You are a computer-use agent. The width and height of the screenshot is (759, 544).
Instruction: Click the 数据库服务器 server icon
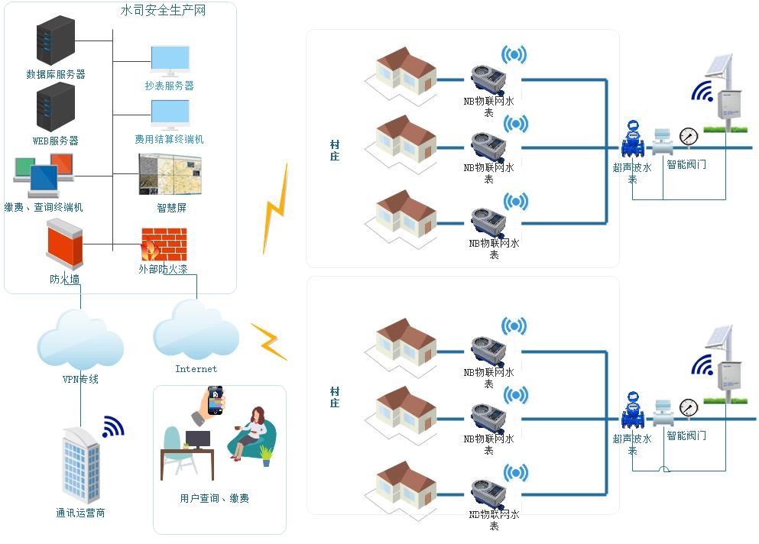tap(56, 42)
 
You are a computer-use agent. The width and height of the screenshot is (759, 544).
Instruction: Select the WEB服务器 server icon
tap(56, 107)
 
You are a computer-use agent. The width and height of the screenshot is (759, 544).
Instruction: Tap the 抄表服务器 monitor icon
tap(170, 60)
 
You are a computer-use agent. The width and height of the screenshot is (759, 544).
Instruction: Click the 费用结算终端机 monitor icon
tap(170, 115)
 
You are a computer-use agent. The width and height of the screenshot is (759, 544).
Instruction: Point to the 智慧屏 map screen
tap(170, 174)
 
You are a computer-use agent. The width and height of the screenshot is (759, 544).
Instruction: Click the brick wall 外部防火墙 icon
tap(164, 244)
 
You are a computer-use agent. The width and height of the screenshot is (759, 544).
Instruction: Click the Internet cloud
tap(196, 332)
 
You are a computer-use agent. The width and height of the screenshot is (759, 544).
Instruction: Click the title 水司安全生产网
tap(164, 11)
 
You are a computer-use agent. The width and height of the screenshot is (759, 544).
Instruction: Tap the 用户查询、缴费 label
tap(215, 498)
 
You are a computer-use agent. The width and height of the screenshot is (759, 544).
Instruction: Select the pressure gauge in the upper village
tap(689, 137)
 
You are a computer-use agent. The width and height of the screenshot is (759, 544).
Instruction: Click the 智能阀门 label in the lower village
tap(686, 436)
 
